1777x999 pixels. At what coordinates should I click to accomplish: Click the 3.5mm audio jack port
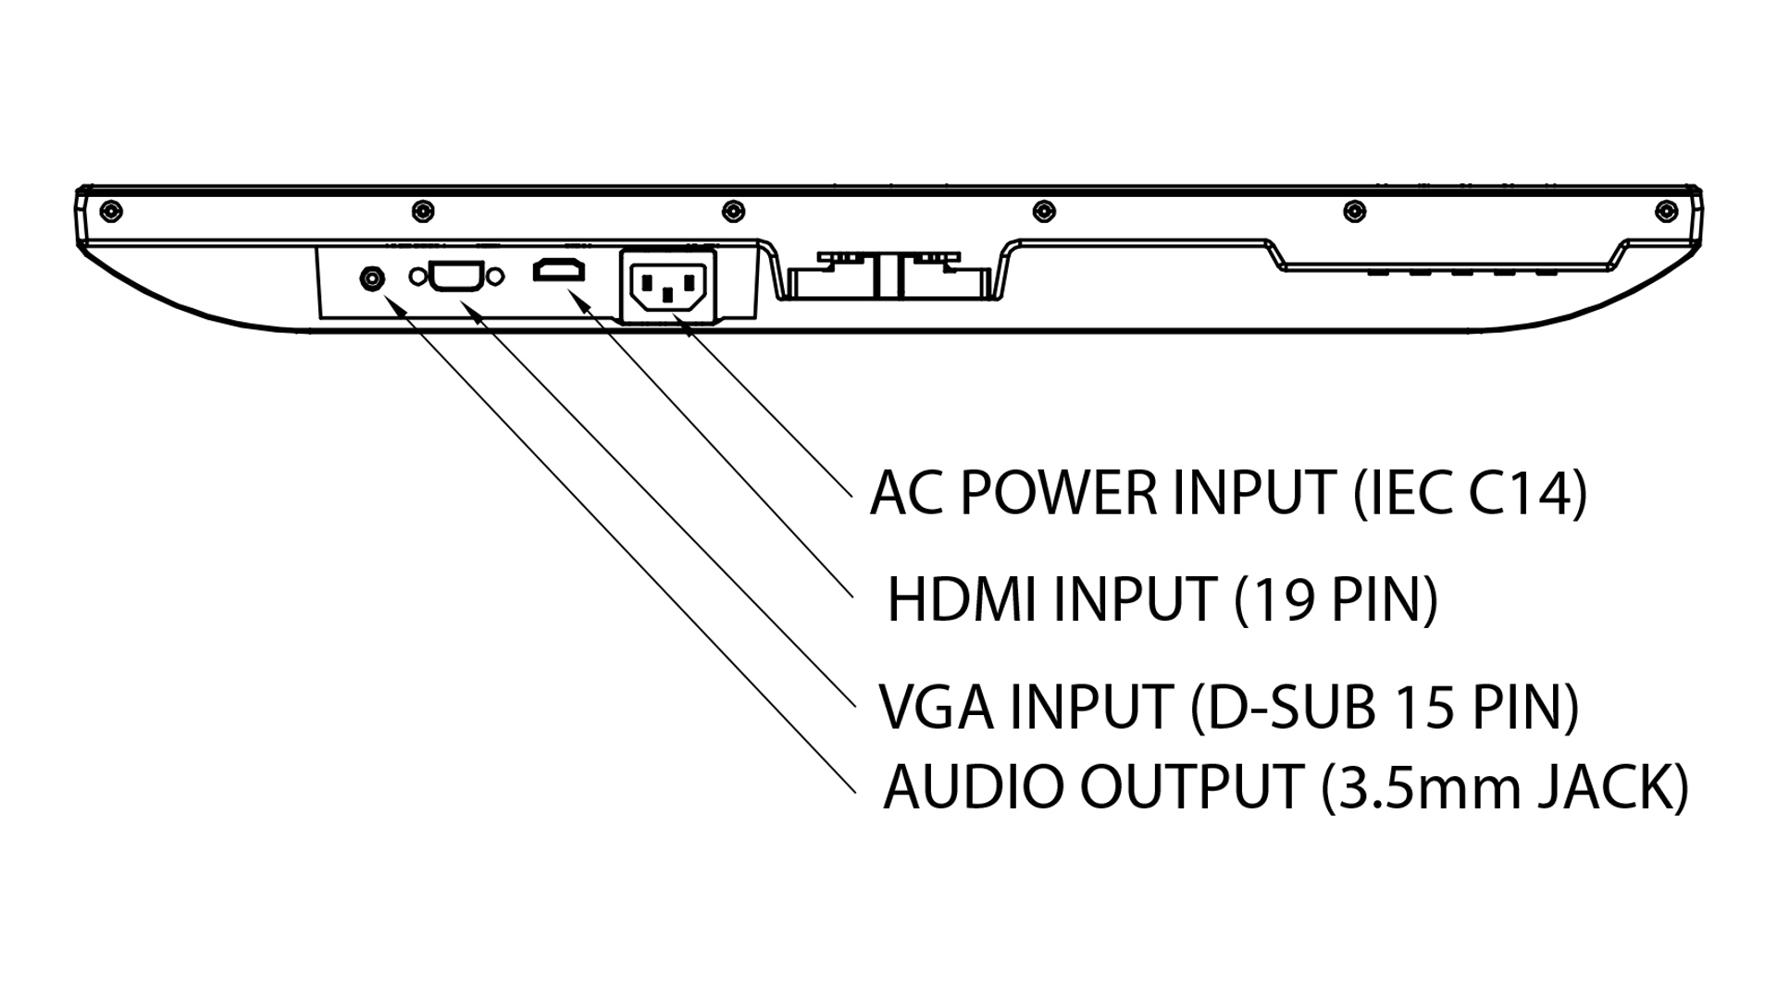click(x=372, y=277)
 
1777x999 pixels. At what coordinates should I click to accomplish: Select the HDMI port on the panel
click(x=559, y=271)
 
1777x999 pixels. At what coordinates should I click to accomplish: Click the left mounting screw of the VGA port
click(x=417, y=277)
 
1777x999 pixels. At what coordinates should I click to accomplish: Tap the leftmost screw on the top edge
click(x=110, y=211)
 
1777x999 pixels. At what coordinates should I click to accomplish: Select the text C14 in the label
click(x=1516, y=493)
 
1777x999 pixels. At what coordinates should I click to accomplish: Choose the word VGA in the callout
click(x=937, y=708)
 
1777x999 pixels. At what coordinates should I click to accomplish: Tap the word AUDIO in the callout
click(x=974, y=787)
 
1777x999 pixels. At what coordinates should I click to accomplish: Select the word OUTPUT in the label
click(x=1192, y=787)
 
